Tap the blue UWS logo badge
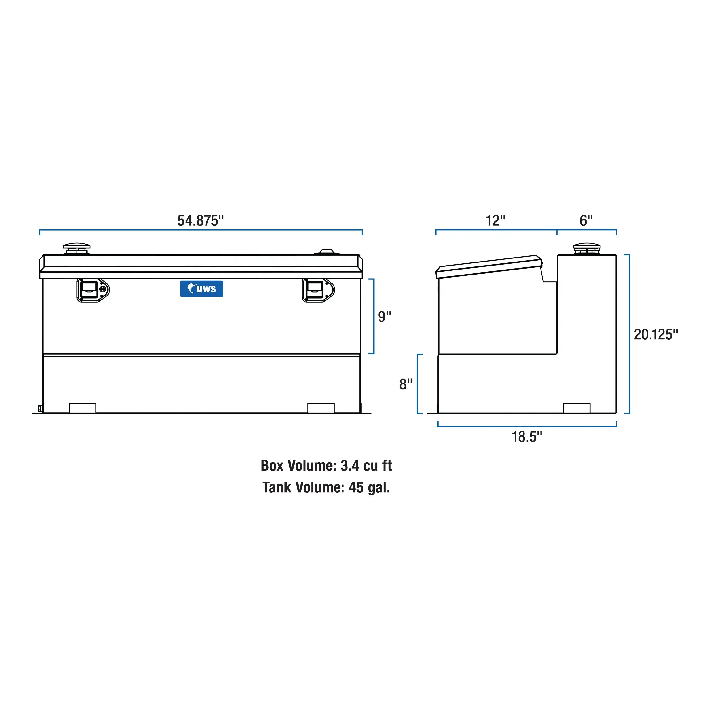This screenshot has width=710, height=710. tap(201, 289)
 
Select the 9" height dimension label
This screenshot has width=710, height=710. tap(385, 317)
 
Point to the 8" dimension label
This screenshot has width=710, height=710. tap(406, 385)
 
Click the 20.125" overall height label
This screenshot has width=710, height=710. tap(656, 334)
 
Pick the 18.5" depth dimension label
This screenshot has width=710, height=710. tap(527, 437)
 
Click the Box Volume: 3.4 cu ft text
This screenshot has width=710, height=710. tap(326, 466)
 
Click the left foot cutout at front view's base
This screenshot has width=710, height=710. tap(83, 408)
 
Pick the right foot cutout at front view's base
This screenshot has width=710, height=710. tap(321, 408)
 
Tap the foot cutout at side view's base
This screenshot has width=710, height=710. tap(577, 408)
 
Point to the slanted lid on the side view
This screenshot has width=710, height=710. tap(489, 267)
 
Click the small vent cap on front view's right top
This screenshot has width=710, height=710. tap(327, 252)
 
